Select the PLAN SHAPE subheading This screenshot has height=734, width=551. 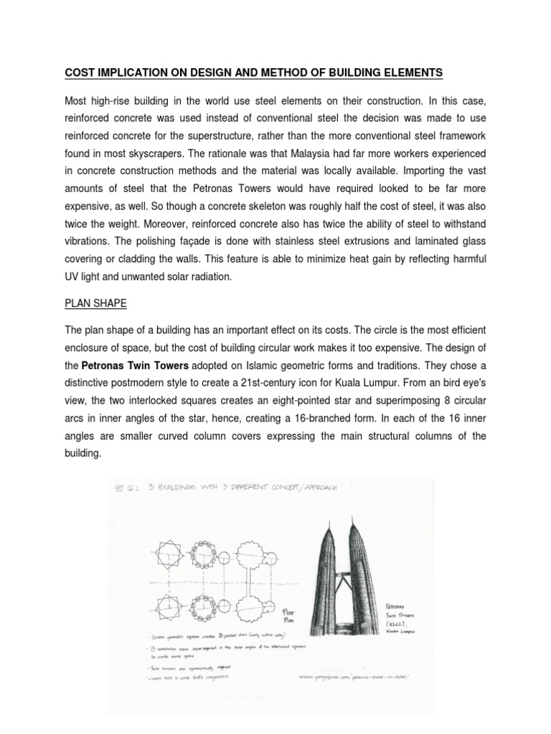[x=95, y=304]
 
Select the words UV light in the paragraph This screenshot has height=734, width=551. [x=86, y=275]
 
